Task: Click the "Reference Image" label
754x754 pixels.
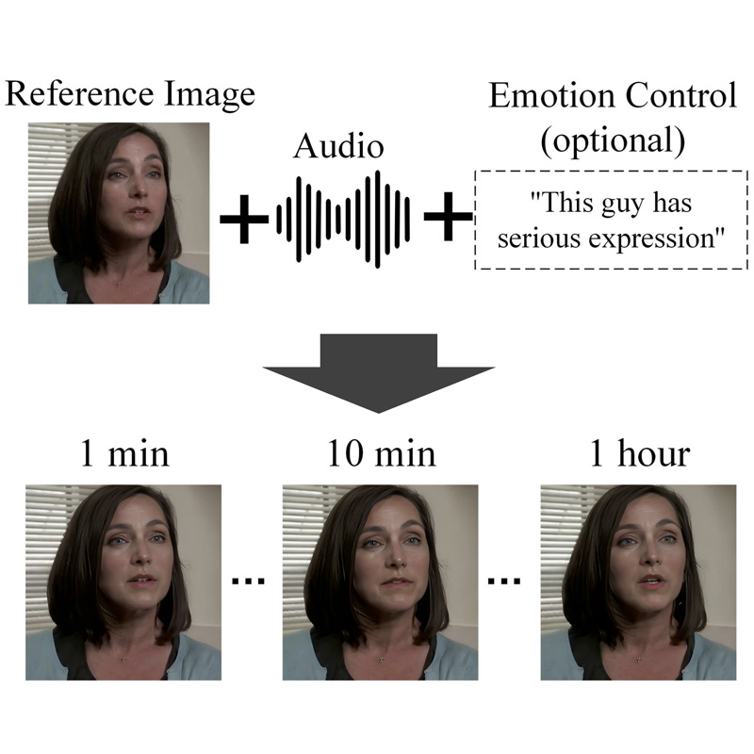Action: click(130, 94)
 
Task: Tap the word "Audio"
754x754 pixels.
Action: click(339, 146)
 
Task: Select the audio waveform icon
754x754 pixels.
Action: click(344, 219)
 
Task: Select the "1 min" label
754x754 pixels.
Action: click(123, 453)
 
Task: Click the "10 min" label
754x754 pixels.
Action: click(381, 453)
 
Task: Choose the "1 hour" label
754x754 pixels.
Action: click(639, 453)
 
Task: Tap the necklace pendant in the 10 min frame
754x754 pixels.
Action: click(385, 656)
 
